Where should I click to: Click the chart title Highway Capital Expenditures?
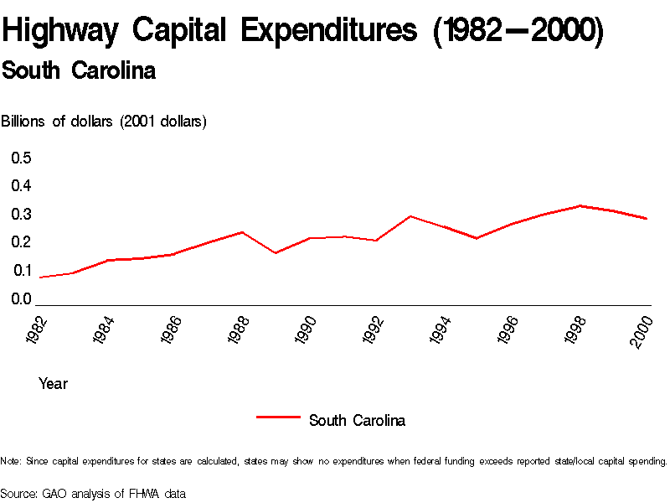pos(301,31)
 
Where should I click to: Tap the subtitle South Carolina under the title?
pos(79,70)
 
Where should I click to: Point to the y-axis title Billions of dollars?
pos(104,122)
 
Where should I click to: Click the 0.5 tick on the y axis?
pos(21,158)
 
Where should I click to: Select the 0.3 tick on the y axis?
pos(21,215)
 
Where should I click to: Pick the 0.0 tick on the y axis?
pos(21,299)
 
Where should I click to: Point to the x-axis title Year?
pos(53,384)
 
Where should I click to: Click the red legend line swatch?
pos(277,416)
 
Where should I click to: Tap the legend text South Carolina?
pos(357,421)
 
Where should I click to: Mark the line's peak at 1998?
pos(580,205)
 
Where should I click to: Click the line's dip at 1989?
pos(276,253)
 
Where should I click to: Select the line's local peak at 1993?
pos(410,216)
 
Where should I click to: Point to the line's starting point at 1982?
pos(39,277)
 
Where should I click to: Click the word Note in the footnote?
pos(11,461)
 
